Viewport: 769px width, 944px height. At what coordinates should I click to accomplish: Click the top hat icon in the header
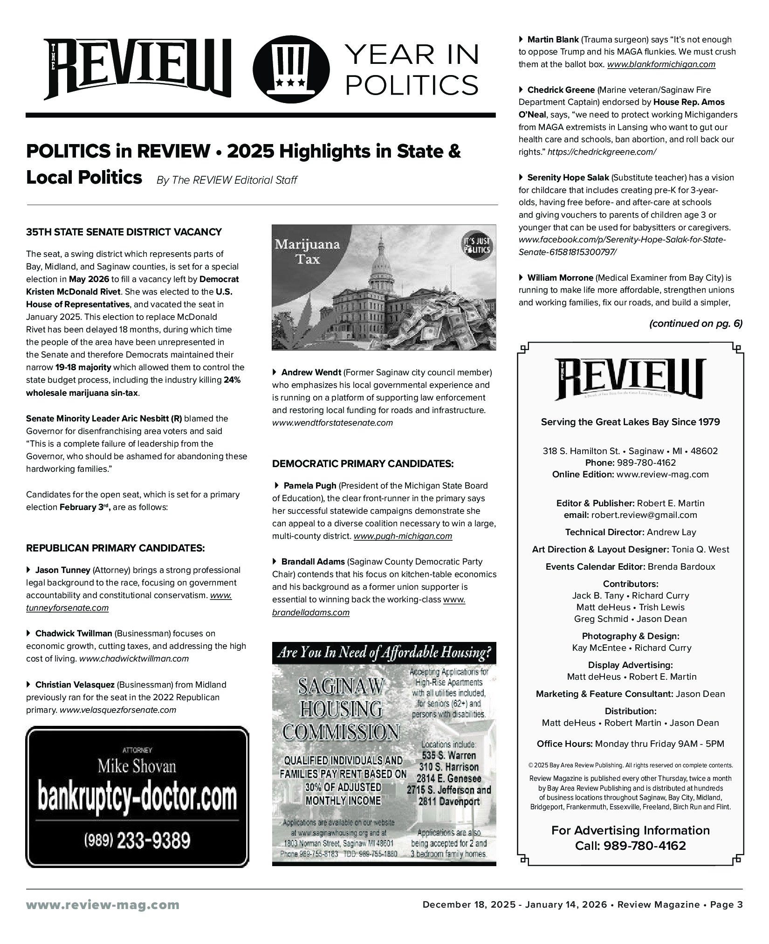pos(291,69)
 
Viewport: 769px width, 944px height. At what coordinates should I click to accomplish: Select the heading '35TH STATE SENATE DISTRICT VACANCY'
pos(124,232)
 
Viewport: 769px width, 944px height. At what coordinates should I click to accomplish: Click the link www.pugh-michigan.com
pos(403,536)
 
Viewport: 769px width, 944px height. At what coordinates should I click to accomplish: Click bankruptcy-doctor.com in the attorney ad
pos(137,799)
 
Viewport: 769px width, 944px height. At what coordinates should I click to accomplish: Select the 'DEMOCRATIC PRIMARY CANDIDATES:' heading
pos(363,464)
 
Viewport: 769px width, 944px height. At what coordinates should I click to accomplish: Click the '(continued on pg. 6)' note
pos(695,324)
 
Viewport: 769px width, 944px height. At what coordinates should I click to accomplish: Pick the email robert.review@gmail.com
pos(644,515)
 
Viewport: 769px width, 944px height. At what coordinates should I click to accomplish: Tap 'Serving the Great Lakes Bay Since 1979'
pos(630,422)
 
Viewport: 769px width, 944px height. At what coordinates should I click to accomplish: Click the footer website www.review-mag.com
pos(103,905)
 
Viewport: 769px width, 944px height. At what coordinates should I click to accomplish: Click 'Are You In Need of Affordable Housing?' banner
pos(384,653)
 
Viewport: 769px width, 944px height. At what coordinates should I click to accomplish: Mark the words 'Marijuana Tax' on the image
pos(308,251)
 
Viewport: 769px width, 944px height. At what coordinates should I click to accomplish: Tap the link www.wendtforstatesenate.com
pos(332,423)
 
